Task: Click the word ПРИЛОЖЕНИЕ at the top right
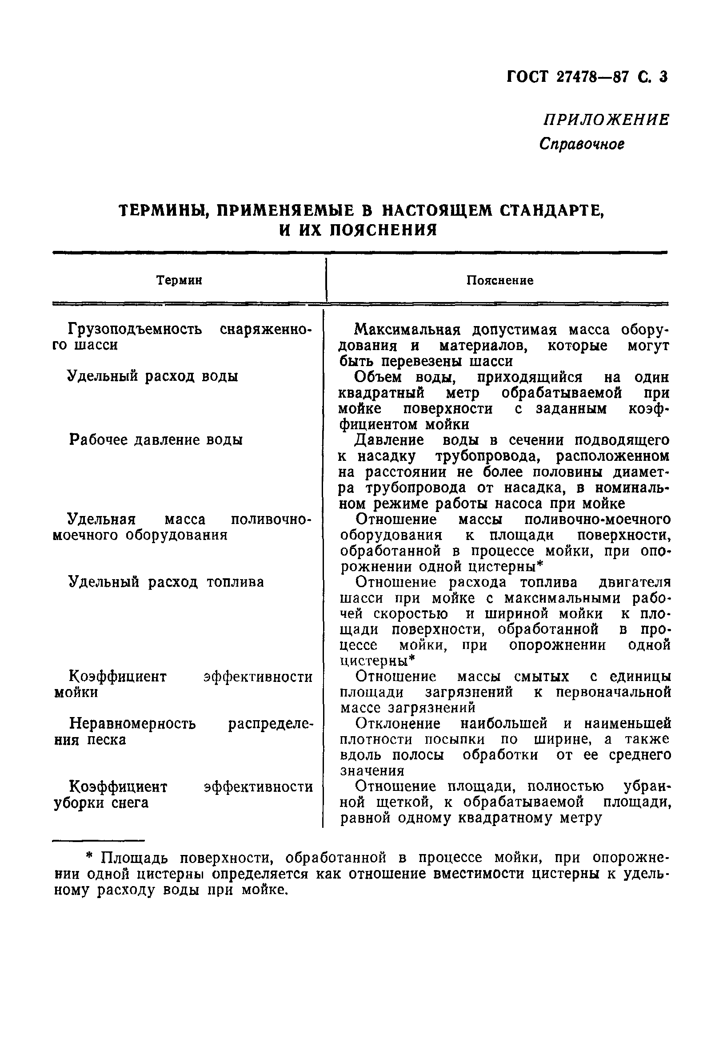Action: (606, 120)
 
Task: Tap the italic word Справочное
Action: (582, 144)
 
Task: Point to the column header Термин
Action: (179, 281)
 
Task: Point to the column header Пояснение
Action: (500, 281)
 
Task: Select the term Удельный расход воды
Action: (153, 376)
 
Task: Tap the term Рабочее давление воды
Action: (156, 439)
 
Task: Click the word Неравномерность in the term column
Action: (132, 724)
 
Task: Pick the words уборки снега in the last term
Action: (101, 803)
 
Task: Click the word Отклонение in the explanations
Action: (398, 724)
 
